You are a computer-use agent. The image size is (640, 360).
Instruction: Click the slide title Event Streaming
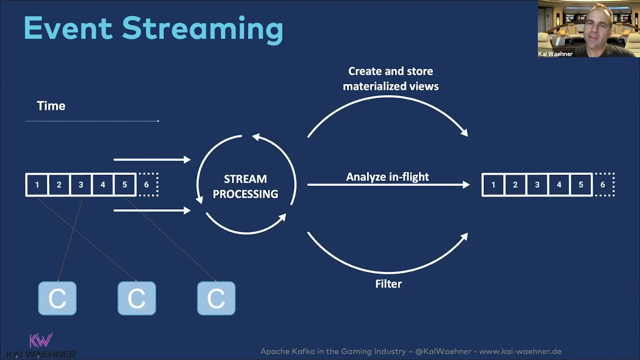pos(153,28)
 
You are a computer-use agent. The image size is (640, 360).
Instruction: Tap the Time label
pos(51,106)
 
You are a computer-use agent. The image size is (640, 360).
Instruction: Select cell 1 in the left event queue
pos(37,185)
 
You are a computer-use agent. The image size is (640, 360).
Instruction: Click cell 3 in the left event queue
pos(81,185)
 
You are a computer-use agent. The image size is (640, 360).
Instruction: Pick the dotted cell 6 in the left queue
pos(147,185)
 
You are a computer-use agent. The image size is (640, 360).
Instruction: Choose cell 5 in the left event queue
pos(124,185)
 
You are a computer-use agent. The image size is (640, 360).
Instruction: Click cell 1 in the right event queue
pos(493,185)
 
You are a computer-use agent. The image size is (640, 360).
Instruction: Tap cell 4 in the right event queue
pos(559,185)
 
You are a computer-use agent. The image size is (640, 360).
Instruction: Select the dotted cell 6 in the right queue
pos(603,185)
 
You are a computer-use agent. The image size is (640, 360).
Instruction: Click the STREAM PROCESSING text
pos(245,186)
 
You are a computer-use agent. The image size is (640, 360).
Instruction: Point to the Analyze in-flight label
pos(387,177)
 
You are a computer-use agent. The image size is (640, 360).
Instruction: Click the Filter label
pos(388,284)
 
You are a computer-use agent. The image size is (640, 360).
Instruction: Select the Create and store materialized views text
pos(390,79)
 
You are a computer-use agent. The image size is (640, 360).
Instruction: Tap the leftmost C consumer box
pos(57,298)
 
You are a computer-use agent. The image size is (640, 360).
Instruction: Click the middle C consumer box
pos(136,298)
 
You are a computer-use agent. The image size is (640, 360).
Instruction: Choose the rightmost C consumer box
pos(216,298)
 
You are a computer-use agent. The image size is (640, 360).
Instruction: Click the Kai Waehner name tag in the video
pos(555,54)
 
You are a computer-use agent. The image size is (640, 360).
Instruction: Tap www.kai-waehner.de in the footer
pos(520,351)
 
